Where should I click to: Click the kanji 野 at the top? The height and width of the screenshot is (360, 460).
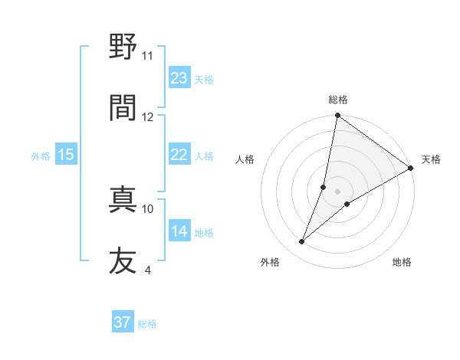tap(123, 47)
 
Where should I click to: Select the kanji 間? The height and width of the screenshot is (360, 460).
tap(123, 106)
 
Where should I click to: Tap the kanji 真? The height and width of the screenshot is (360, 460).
tap(123, 199)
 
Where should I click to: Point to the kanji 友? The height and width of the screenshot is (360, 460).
tap(123, 260)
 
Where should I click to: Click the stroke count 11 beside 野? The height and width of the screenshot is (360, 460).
tap(148, 55)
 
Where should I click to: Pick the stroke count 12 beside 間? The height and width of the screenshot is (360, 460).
tap(148, 116)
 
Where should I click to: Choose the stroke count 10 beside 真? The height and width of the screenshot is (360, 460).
tap(148, 208)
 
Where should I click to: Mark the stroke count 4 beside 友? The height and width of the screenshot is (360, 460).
tap(148, 270)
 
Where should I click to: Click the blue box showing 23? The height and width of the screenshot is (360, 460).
tap(179, 78)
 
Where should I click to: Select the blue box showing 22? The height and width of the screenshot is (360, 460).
tap(179, 155)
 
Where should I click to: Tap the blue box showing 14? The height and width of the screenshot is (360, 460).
tap(179, 232)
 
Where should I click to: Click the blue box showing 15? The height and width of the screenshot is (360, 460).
tap(66, 155)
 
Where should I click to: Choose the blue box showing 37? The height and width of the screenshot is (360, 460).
tap(123, 323)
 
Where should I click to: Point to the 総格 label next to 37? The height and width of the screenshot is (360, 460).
tap(147, 324)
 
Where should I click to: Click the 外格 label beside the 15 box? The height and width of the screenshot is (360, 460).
tap(41, 156)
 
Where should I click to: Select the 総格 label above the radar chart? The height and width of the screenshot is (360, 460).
tap(338, 100)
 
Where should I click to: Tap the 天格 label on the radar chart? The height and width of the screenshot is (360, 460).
tap(432, 159)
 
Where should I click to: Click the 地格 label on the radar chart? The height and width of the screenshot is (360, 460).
tap(402, 263)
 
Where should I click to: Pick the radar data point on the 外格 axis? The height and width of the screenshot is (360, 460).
tap(302, 242)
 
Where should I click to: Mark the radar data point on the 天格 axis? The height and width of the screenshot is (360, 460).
tap(411, 169)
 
